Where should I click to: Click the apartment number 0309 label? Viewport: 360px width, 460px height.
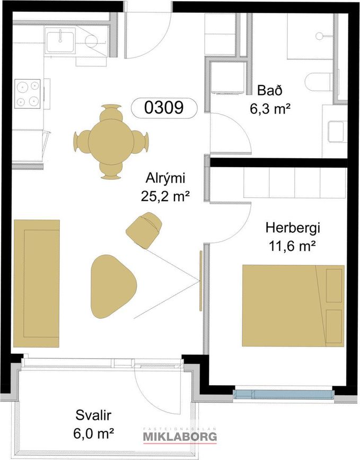point(164,108)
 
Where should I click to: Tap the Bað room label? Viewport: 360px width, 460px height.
point(270,90)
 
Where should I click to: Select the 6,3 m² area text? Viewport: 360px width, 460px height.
point(270,109)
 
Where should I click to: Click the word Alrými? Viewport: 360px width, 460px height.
point(165,178)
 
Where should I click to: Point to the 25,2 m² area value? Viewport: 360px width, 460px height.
point(164,196)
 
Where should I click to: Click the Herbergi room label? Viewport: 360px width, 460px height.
point(292,228)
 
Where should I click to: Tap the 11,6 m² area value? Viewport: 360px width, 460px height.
point(292,246)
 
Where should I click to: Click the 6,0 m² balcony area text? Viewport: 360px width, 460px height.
point(93,433)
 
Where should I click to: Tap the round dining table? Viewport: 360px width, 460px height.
point(111,142)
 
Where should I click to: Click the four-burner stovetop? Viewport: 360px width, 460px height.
point(28,93)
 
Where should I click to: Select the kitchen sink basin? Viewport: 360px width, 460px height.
point(60,42)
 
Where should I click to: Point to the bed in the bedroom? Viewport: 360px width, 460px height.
point(293,306)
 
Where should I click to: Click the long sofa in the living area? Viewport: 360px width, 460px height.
point(37,283)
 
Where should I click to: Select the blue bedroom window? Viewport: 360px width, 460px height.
point(283,395)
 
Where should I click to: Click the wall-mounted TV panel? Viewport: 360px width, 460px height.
point(201,281)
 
